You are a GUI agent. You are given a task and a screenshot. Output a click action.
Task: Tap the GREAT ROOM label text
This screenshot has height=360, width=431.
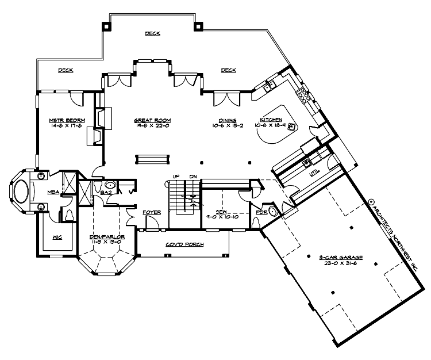click(x=152, y=120)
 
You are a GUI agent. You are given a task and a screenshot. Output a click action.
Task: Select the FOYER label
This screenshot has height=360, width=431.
click(x=153, y=212)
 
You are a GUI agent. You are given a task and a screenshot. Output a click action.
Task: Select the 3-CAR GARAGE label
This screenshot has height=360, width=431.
click(x=335, y=257)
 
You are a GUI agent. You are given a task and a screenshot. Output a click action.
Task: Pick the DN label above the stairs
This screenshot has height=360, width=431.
click(x=193, y=175)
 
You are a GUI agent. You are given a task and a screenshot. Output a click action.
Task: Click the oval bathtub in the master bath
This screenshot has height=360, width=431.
click(x=24, y=192)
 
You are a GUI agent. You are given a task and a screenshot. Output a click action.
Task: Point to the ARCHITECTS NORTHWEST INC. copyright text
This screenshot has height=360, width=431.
click(x=393, y=236)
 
